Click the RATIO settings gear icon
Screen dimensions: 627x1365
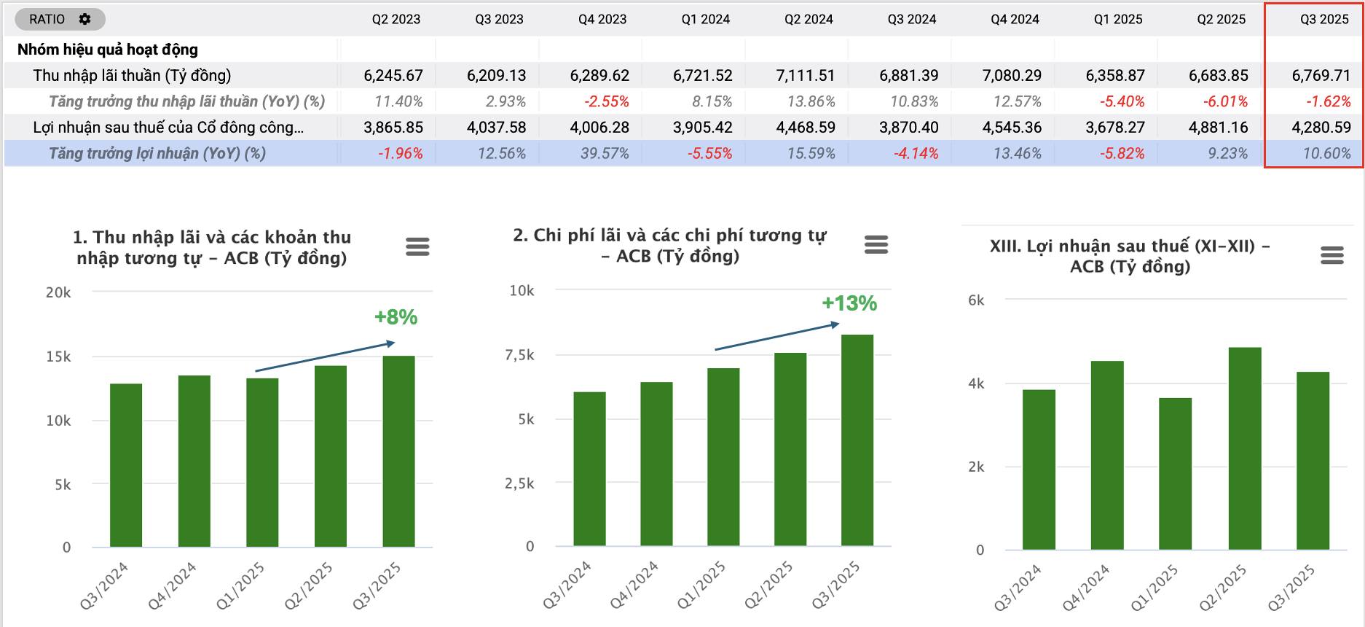coord(85,19)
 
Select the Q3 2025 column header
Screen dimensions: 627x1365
coord(1324,19)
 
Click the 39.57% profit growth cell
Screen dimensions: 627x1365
coord(605,154)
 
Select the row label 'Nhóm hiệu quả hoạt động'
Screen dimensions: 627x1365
coord(108,50)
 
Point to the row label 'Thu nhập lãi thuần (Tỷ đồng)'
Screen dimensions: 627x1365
coord(132,75)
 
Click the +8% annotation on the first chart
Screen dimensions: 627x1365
coord(396,317)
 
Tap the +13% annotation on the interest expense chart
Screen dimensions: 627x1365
coord(849,303)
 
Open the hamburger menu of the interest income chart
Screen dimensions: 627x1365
coord(417,247)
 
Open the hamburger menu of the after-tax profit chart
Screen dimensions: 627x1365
coord(1331,255)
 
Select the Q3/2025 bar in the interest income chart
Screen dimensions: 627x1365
coord(398,452)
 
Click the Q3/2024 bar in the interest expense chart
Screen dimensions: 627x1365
coord(589,470)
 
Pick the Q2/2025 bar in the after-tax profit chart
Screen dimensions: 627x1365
coord(1244,448)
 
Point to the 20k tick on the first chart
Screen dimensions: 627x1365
coord(58,292)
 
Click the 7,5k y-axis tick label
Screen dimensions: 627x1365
coord(519,355)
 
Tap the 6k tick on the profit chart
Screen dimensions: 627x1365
coord(976,300)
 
